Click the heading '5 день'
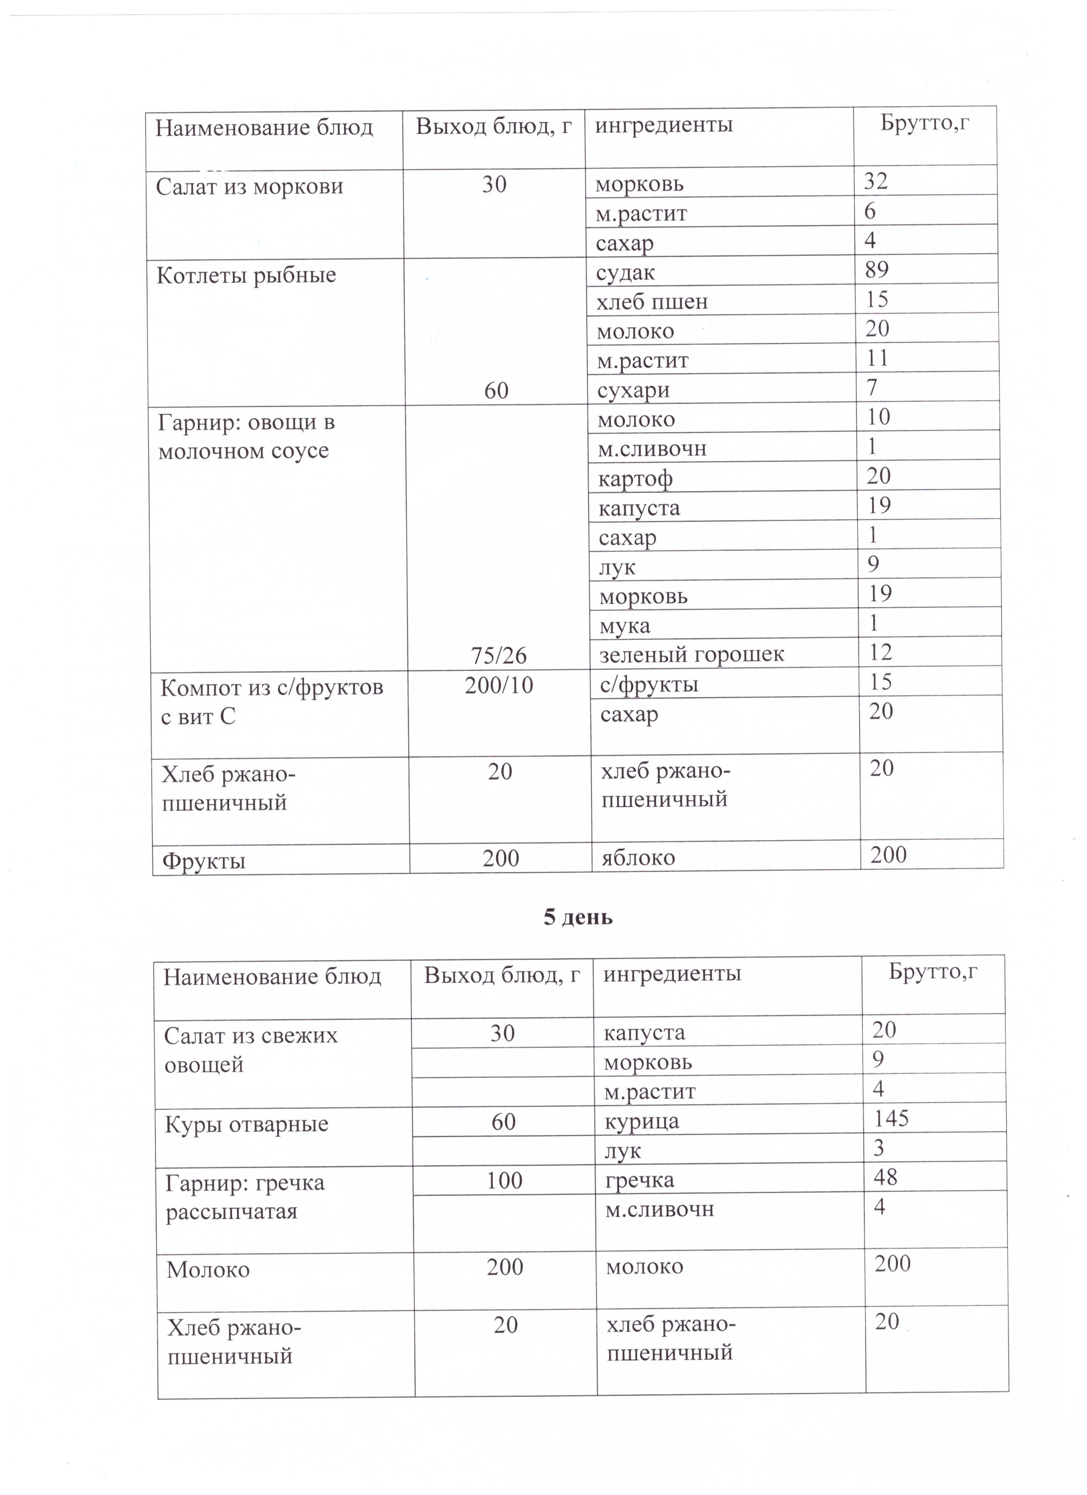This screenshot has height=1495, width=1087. [578, 917]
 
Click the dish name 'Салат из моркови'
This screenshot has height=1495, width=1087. [249, 187]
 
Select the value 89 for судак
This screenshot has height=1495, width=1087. [876, 270]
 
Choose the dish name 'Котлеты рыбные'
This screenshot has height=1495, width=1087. [246, 275]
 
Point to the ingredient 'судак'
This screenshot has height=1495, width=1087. [625, 272]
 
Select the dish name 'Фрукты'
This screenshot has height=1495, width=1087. [204, 860]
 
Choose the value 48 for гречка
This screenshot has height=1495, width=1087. [885, 1176]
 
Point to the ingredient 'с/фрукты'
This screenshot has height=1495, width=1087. [649, 684]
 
